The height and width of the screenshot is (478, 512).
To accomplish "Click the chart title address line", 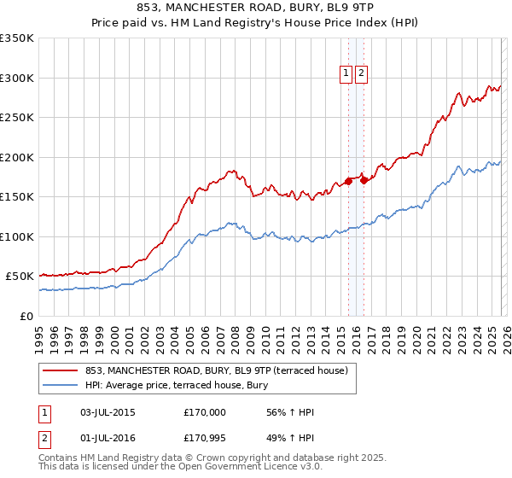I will pos(255,6).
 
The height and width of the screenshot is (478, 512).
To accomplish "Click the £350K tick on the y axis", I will pos(17,38).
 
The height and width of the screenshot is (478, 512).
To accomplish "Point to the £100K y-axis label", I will pos(17,236).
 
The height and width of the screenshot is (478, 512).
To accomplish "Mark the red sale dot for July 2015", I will pos(348,181).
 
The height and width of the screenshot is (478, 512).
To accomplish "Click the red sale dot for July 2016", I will pos(364,180).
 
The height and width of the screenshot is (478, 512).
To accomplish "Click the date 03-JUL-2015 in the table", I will pos(105,412).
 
